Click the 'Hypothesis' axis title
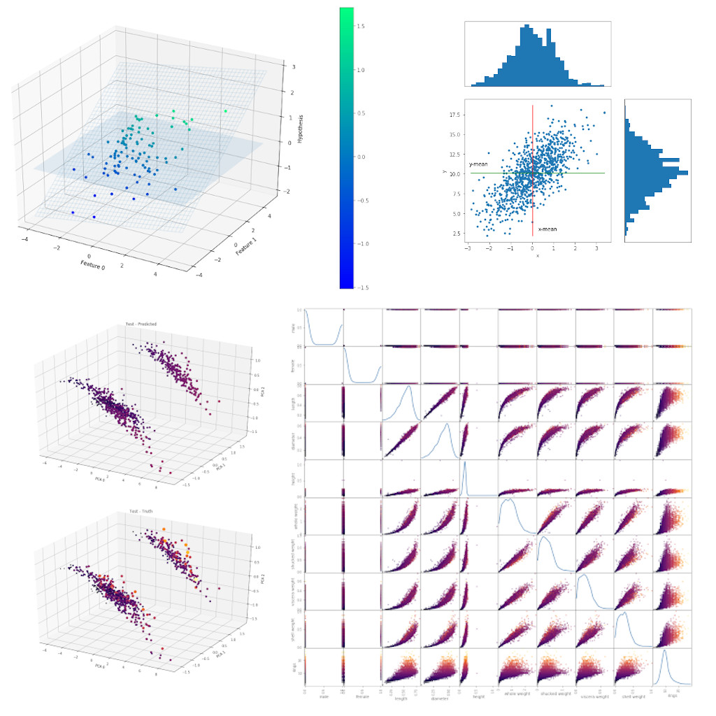(x=300, y=128)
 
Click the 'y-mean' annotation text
(x=478, y=164)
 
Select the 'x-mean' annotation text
(x=547, y=229)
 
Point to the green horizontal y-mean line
(x=580, y=173)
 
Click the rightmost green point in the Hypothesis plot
(x=226, y=110)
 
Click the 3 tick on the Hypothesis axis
(x=284, y=68)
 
